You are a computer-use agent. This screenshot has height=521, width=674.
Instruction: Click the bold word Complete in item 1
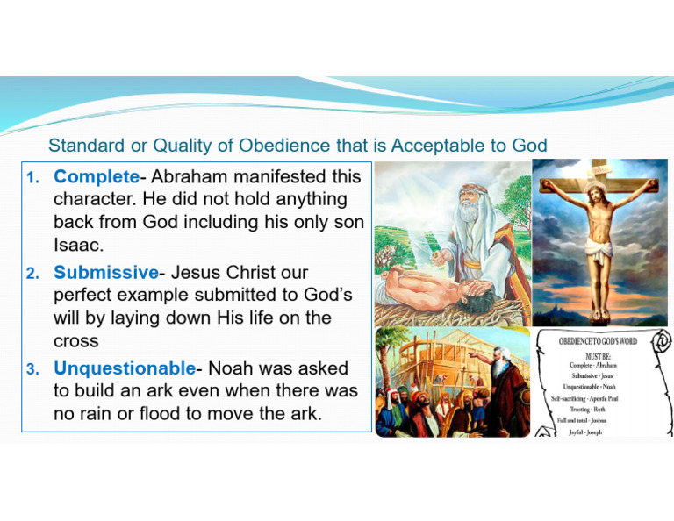click(96, 177)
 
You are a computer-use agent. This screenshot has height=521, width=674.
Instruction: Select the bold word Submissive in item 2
click(106, 273)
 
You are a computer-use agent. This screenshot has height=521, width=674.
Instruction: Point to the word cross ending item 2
click(75, 339)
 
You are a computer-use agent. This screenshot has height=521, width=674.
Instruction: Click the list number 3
click(32, 370)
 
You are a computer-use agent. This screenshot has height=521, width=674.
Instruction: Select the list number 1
click(32, 179)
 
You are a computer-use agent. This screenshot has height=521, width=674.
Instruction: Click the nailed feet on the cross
click(599, 306)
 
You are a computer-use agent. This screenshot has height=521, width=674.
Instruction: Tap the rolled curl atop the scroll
click(659, 339)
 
